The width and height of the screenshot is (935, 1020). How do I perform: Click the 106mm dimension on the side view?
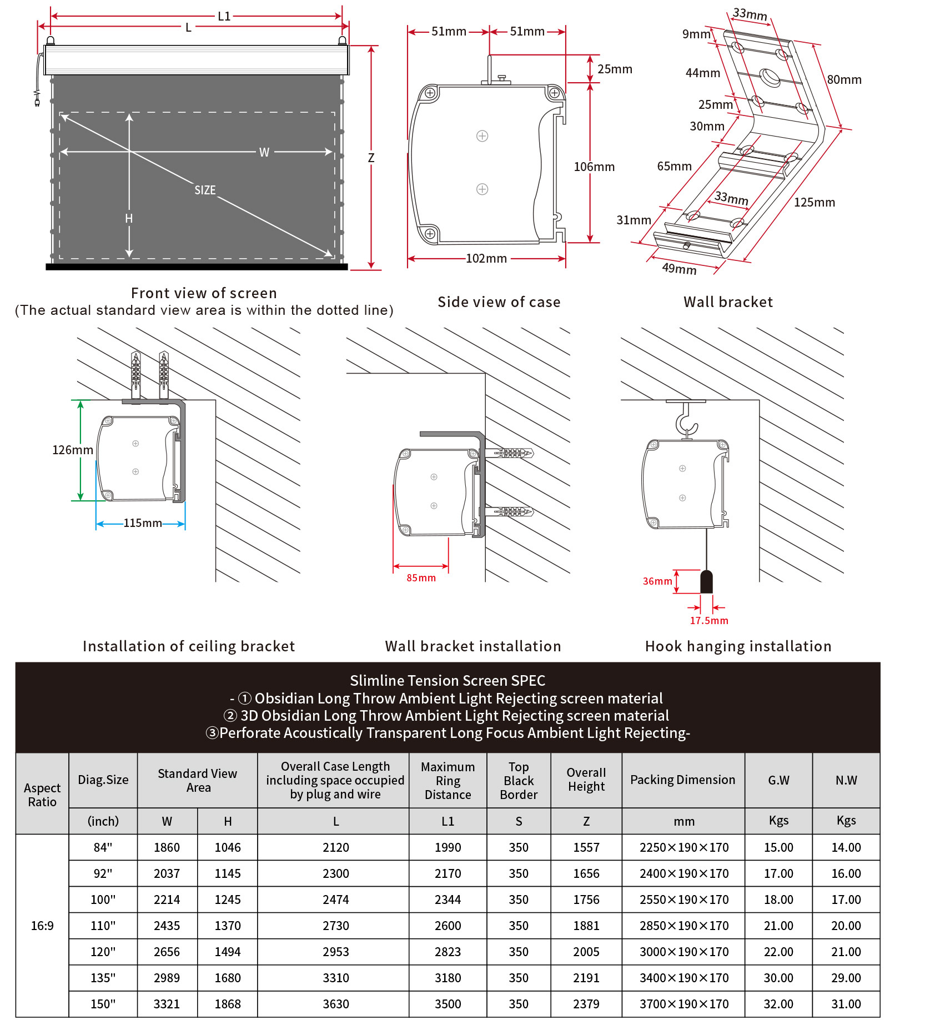(594, 167)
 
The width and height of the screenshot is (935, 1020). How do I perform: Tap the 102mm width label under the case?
(486, 259)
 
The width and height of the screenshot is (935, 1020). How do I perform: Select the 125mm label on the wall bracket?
(814, 203)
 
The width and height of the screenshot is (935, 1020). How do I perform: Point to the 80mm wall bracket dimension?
(844, 80)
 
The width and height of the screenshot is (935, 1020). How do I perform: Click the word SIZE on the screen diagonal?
(205, 190)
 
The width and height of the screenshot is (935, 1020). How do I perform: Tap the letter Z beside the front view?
(371, 158)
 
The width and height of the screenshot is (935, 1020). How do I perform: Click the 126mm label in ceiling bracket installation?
(72, 450)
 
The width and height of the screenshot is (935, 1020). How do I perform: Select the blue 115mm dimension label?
(142, 523)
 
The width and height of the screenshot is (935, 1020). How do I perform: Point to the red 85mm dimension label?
(421, 578)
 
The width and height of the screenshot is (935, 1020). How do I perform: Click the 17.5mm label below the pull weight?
(708, 621)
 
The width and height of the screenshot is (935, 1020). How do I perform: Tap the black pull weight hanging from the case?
(706, 582)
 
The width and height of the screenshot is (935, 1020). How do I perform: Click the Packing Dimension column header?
(682, 780)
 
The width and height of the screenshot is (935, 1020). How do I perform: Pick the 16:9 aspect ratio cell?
(42, 926)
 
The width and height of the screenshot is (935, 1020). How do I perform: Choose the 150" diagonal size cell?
(103, 1004)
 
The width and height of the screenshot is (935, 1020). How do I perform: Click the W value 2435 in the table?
(167, 926)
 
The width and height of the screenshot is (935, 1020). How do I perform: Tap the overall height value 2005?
(586, 952)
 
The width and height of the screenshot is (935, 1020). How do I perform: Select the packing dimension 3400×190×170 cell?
(683, 978)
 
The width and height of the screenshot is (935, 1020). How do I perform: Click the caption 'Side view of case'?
(499, 302)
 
